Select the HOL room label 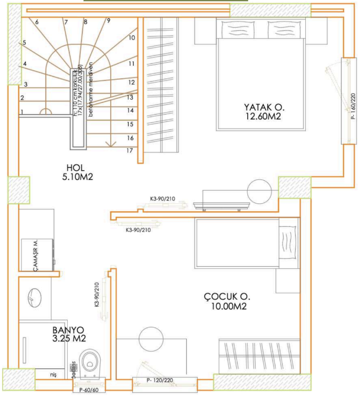tap(76, 168)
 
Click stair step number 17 tap(130, 150)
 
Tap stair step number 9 tap(108, 20)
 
